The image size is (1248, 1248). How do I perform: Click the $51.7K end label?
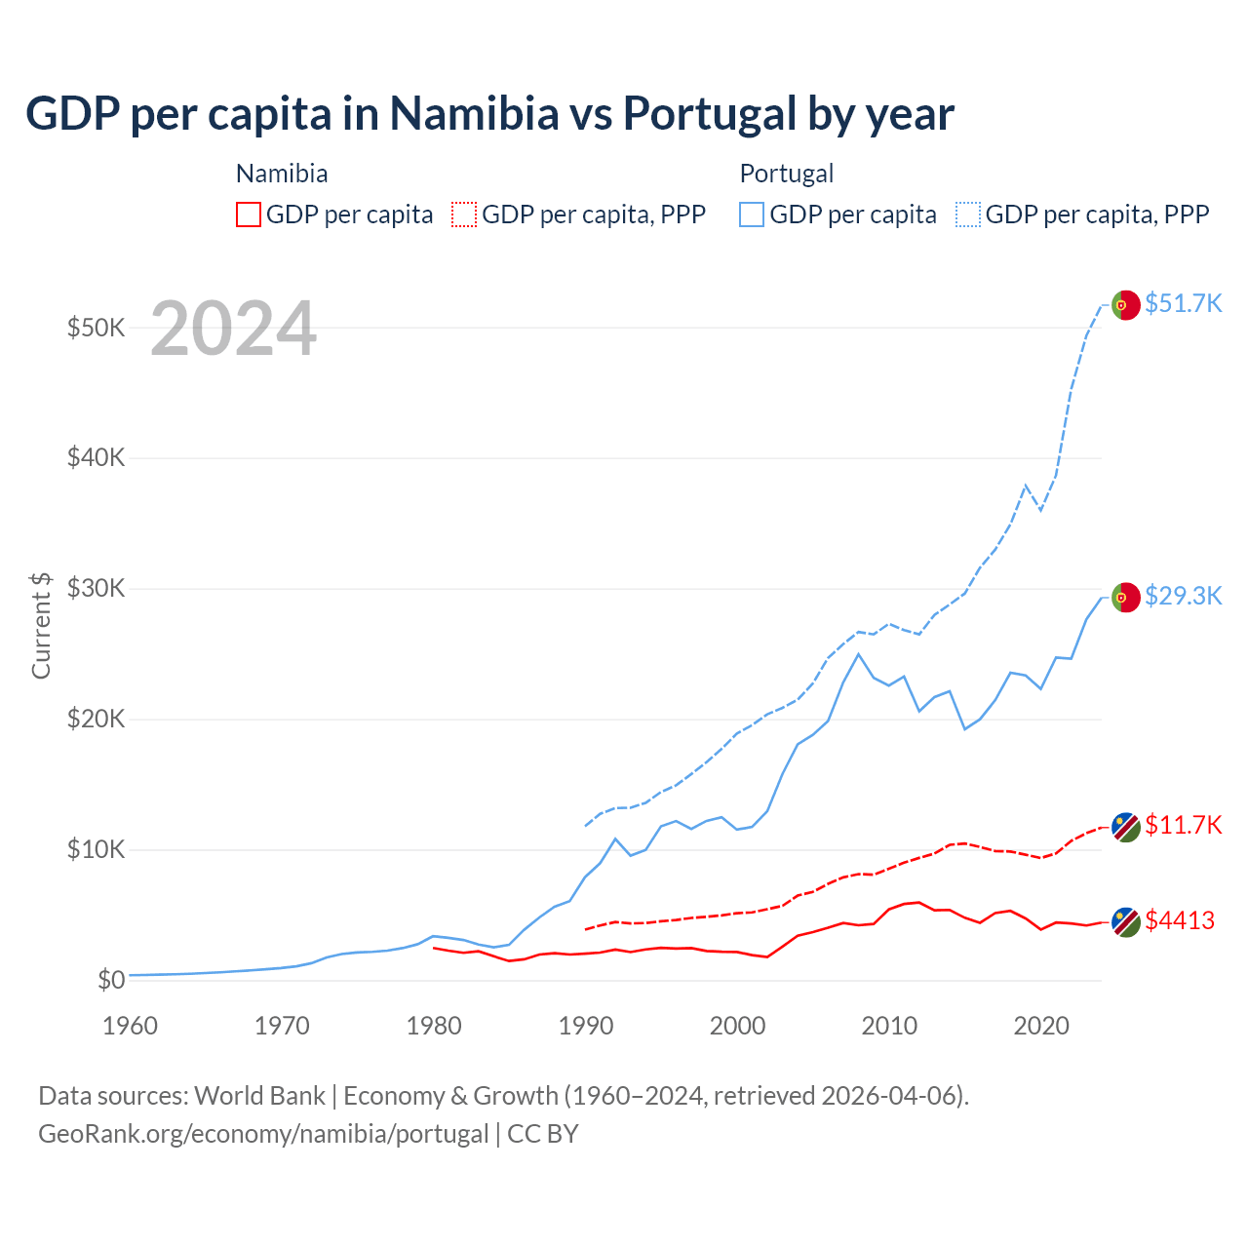1183,303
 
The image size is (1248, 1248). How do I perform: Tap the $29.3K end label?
1183,596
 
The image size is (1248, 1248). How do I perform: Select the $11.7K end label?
1183,825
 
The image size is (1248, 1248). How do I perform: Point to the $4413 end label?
1180,920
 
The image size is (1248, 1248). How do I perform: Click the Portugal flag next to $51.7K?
1126,305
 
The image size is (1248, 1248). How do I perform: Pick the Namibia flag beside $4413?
1126,922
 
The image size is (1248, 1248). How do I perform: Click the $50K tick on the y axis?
96,328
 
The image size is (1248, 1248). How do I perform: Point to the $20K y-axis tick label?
96,720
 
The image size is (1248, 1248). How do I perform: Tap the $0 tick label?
111,980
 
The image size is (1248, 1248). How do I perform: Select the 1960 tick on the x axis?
130,1026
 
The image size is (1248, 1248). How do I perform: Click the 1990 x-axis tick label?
586,1026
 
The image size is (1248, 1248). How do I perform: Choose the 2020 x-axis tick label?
1041,1026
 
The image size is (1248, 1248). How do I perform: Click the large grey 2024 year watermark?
234,329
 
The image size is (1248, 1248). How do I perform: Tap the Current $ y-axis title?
41,625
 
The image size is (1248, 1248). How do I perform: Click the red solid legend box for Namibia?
249,214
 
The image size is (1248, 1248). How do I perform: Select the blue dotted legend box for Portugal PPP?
968,214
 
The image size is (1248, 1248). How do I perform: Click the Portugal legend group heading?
786,174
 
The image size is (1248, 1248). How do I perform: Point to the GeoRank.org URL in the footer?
263,1134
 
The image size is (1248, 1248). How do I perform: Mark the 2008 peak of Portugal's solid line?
858,654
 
